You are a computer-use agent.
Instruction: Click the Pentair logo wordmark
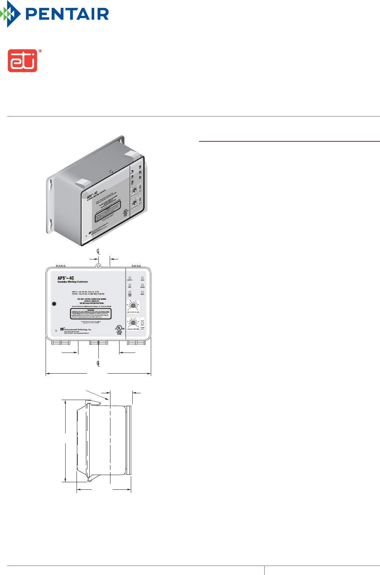(67, 14)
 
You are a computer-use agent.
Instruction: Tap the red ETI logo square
(23, 60)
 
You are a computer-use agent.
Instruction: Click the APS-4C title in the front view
(66, 278)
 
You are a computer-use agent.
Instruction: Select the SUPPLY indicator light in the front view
(130, 278)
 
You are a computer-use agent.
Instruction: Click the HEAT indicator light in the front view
(142, 278)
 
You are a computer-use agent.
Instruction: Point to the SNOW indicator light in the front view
(142, 285)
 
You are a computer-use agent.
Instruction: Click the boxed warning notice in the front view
(91, 314)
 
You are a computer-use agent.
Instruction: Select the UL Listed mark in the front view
(119, 328)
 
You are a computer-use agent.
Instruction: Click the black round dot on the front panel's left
(54, 304)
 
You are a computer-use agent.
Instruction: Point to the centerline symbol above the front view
(98, 251)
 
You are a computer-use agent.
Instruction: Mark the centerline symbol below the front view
(98, 363)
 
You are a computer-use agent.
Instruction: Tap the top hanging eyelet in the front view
(98, 265)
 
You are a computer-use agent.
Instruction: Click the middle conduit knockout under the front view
(98, 343)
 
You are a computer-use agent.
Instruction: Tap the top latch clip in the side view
(94, 403)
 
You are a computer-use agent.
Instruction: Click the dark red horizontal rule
(289, 141)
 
